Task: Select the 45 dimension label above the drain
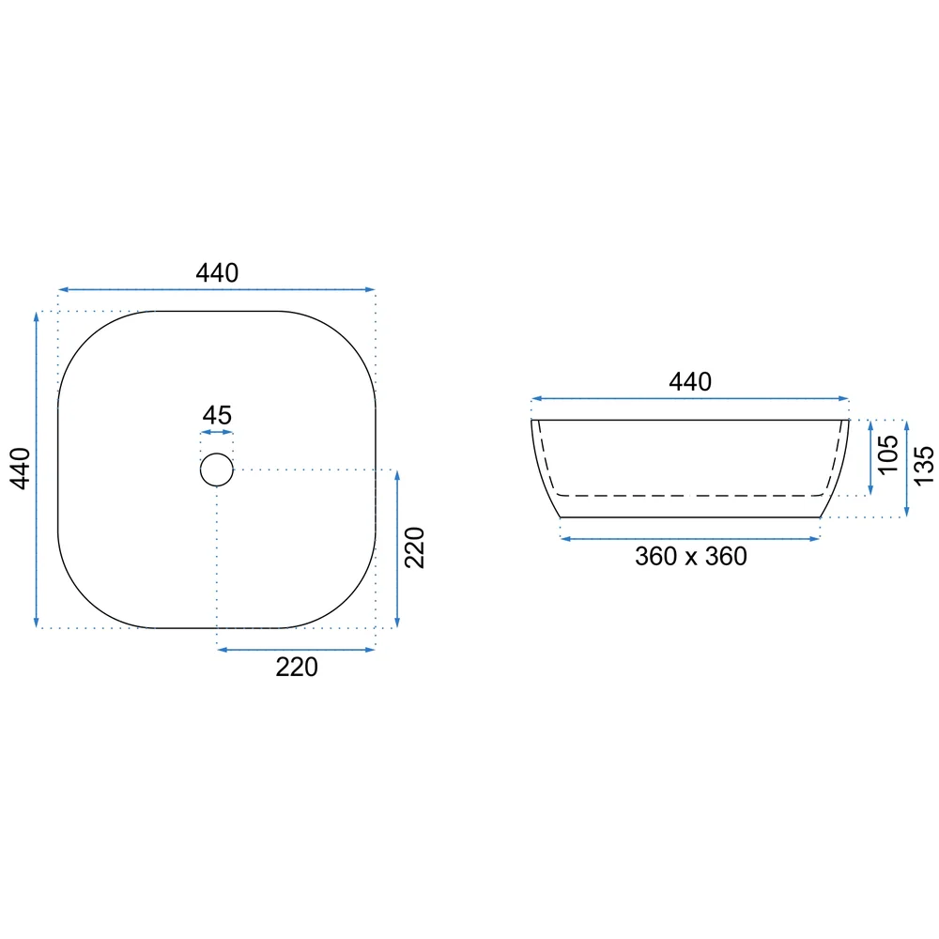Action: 217,415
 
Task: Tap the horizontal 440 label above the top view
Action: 217,273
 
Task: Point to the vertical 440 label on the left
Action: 21,469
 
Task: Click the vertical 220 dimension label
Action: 414,547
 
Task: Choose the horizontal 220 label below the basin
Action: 297,667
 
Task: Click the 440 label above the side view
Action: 690,382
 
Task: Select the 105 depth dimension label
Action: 887,455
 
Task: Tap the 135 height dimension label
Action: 924,466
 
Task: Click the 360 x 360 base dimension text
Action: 690,556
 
